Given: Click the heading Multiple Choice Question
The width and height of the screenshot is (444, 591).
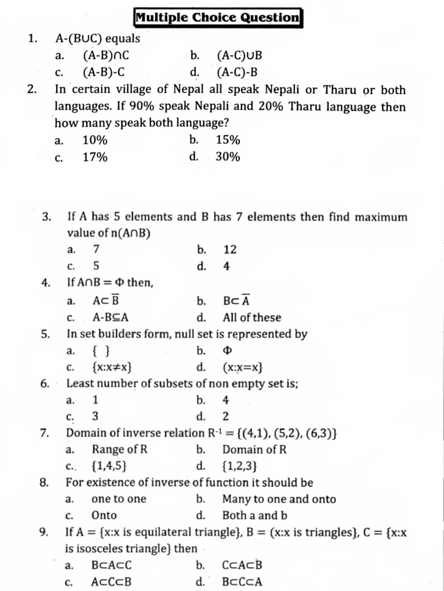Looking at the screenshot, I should [217, 17].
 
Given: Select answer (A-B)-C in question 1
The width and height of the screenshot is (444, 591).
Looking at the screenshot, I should [104, 72].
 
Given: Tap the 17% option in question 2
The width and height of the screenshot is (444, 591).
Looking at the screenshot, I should [95, 157].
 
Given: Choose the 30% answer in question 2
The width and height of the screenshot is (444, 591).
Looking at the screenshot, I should [228, 157].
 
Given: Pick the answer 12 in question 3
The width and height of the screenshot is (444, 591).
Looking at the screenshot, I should [230, 250].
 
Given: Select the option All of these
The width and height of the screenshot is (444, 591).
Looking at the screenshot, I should [251, 317].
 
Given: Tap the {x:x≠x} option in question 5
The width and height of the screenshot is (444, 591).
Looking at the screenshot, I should [114, 367].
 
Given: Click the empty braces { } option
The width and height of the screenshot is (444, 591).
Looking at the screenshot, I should [101, 350].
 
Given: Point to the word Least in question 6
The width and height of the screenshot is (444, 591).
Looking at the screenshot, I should [80, 383].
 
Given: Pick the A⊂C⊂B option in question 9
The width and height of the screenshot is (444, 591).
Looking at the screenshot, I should [112, 582].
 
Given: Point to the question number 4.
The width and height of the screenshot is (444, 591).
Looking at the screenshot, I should [46, 283].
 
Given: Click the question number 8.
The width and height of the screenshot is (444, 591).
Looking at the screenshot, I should [45, 482].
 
